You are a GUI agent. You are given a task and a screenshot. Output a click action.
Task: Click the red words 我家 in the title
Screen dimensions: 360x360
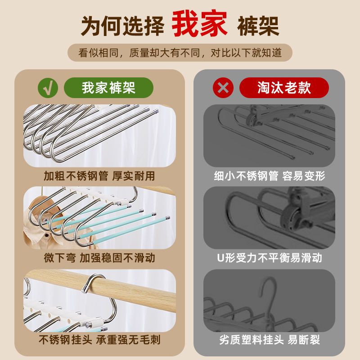click(199, 23)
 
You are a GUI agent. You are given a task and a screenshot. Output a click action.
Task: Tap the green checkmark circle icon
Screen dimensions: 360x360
click(48, 88)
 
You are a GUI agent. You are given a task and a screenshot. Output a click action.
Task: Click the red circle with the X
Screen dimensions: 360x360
click(223, 88)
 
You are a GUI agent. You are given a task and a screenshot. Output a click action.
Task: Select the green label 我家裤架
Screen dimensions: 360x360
click(108, 88)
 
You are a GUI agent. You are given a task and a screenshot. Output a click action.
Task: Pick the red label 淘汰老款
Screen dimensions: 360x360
click(284, 88)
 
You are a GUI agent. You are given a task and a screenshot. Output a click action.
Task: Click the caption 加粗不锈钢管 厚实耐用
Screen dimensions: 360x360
click(99, 176)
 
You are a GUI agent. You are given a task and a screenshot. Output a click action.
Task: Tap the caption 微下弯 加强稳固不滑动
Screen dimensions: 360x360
click(99, 258)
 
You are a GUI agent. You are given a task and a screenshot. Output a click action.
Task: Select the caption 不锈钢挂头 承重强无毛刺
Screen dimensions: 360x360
click(99, 340)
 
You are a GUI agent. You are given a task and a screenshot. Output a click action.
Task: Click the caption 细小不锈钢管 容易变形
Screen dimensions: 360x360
click(269, 176)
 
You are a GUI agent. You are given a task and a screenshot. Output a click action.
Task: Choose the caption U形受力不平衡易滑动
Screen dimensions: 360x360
click(269, 258)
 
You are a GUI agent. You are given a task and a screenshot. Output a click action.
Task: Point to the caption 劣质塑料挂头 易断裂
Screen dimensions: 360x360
click(269, 340)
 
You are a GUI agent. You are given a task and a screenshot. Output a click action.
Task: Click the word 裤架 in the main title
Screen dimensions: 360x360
click(258, 26)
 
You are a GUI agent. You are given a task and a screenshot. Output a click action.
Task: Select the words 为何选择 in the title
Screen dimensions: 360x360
click(122, 26)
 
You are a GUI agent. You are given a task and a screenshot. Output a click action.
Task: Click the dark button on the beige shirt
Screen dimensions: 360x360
click(47, 235)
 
